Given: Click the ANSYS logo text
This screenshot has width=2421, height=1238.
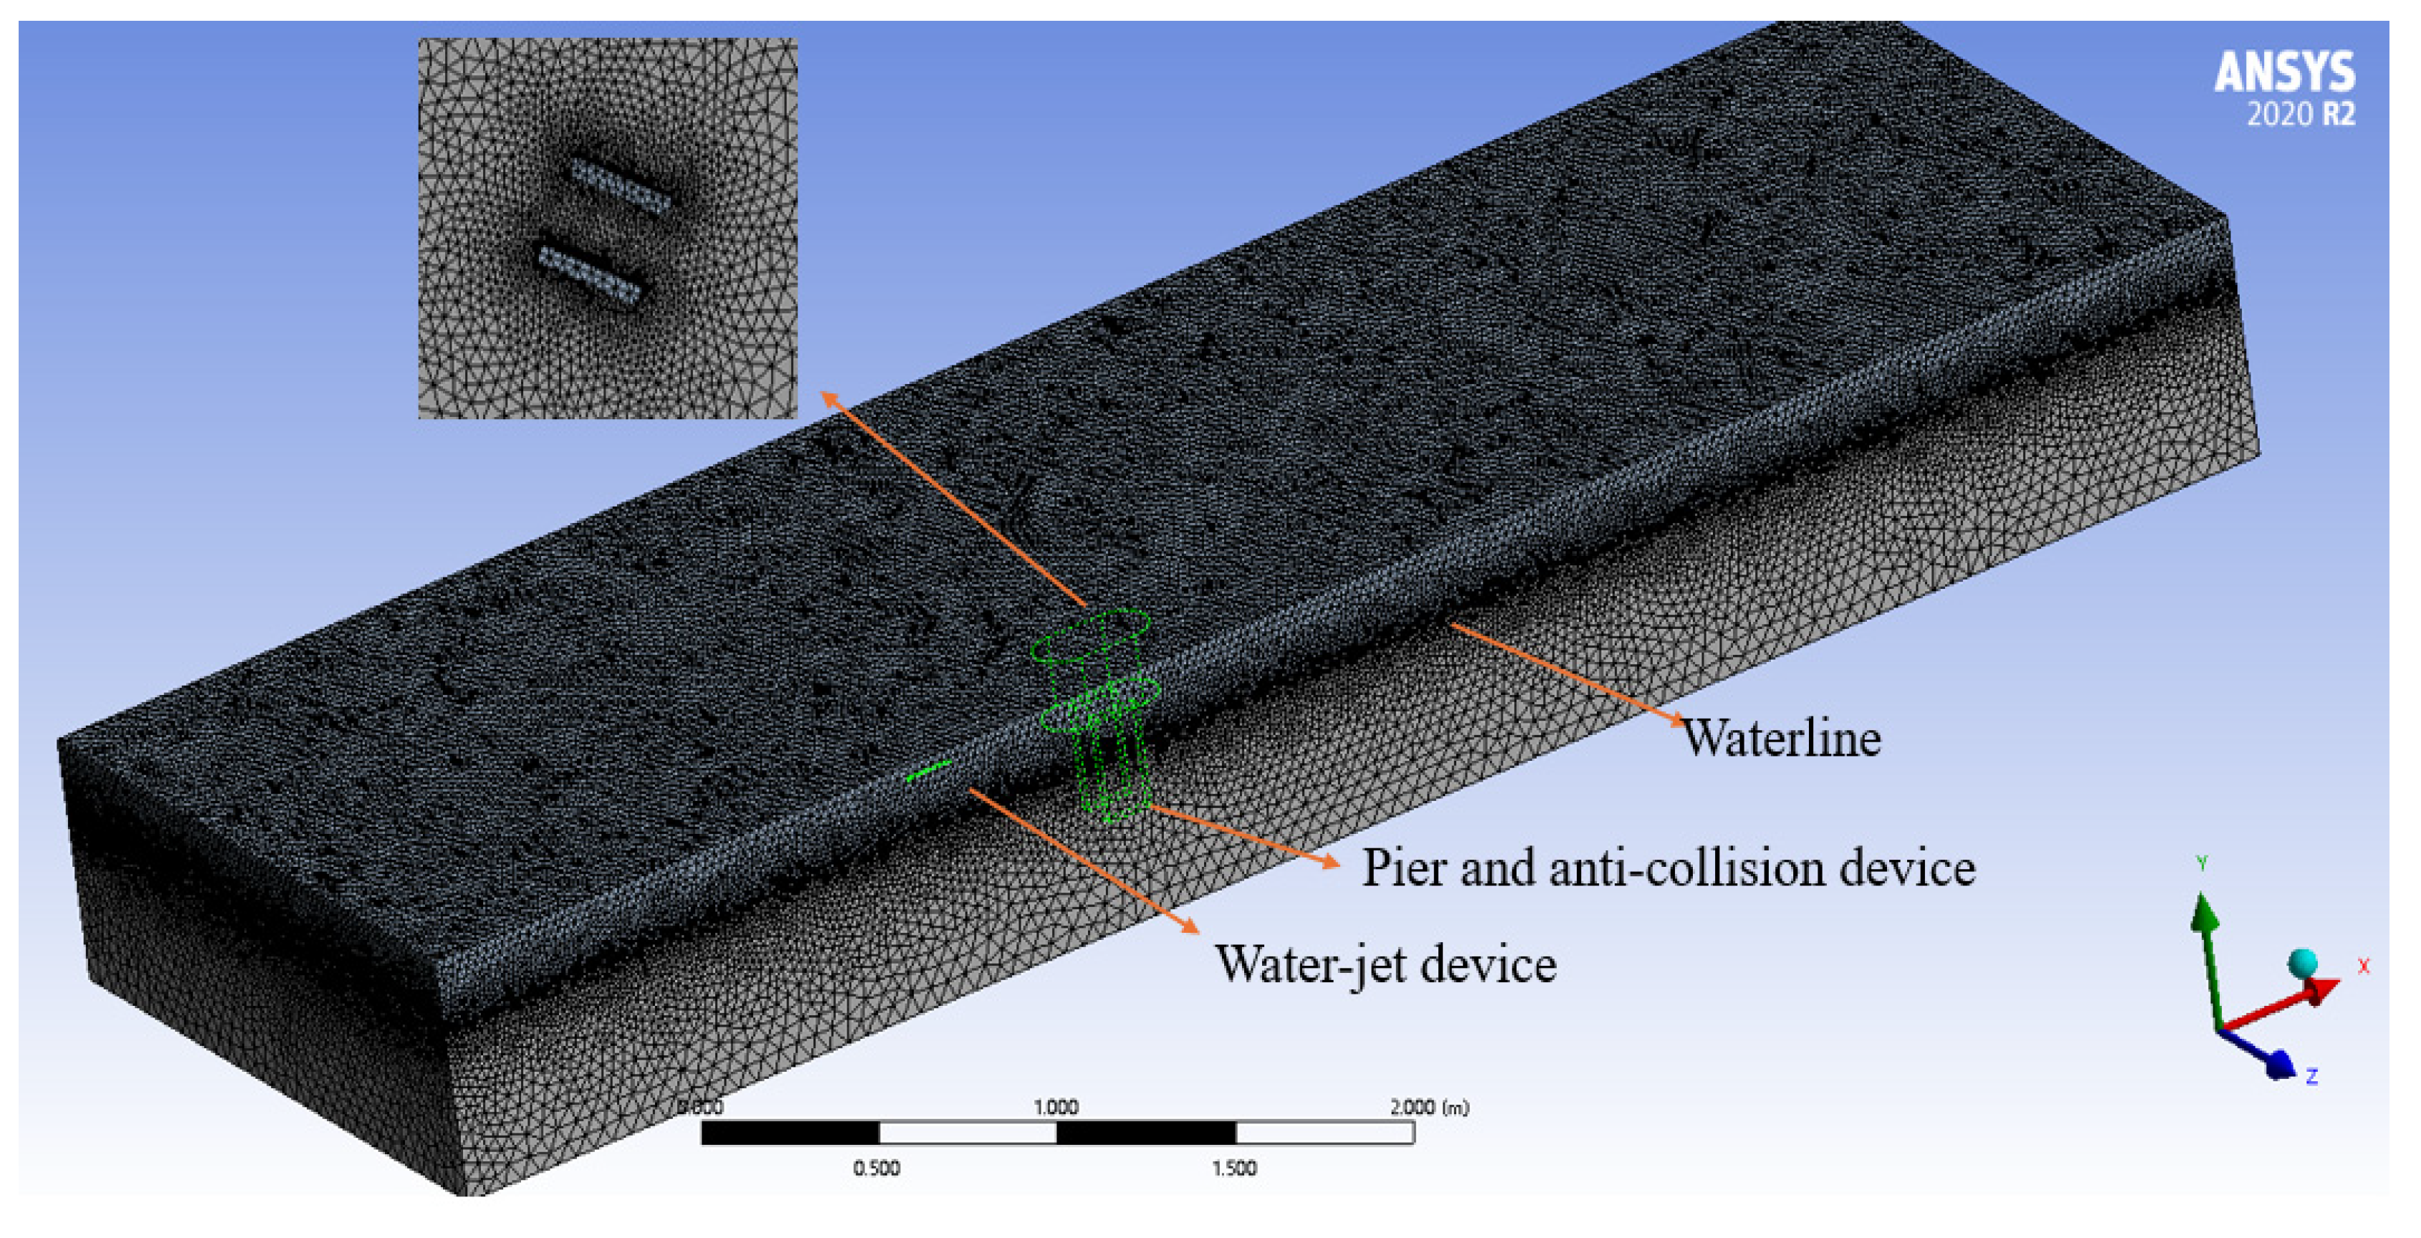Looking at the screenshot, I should pyautogui.click(x=2284, y=72).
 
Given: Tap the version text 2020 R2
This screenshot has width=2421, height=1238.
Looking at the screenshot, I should pyautogui.click(x=2300, y=115).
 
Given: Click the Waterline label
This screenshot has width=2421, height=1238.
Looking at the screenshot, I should pyautogui.click(x=1781, y=739).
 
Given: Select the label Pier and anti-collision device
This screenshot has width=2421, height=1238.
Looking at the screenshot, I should pyautogui.click(x=1668, y=867).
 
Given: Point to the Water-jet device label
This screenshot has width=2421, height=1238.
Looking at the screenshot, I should pyautogui.click(x=1385, y=964).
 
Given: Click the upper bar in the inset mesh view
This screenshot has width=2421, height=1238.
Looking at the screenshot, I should pyautogui.click(x=620, y=186).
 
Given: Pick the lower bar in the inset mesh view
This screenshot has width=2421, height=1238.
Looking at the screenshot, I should pyautogui.click(x=589, y=274).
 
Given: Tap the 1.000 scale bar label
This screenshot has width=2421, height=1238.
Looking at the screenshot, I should pyautogui.click(x=1056, y=1106).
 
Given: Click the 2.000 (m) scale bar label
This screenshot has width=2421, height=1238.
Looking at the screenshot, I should pyautogui.click(x=1428, y=1106).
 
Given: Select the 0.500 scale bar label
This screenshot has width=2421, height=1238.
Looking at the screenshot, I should pyautogui.click(x=876, y=1168).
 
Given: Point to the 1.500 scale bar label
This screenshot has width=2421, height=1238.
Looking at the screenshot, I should pyautogui.click(x=1233, y=1168).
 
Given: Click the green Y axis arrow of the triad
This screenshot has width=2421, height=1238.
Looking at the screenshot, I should pyautogui.click(x=2205, y=916).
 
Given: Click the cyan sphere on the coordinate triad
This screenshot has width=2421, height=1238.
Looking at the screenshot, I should pyautogui.click(x=2301, y=963).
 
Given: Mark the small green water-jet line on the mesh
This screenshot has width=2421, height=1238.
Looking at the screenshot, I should pyautogui.click(x=929, y=770).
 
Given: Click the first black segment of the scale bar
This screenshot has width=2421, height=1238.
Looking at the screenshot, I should pyautogui.click(x=790, y=1133).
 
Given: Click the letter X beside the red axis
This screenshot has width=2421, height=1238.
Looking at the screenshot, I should pyautogui.click(x=2363, y=966).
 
